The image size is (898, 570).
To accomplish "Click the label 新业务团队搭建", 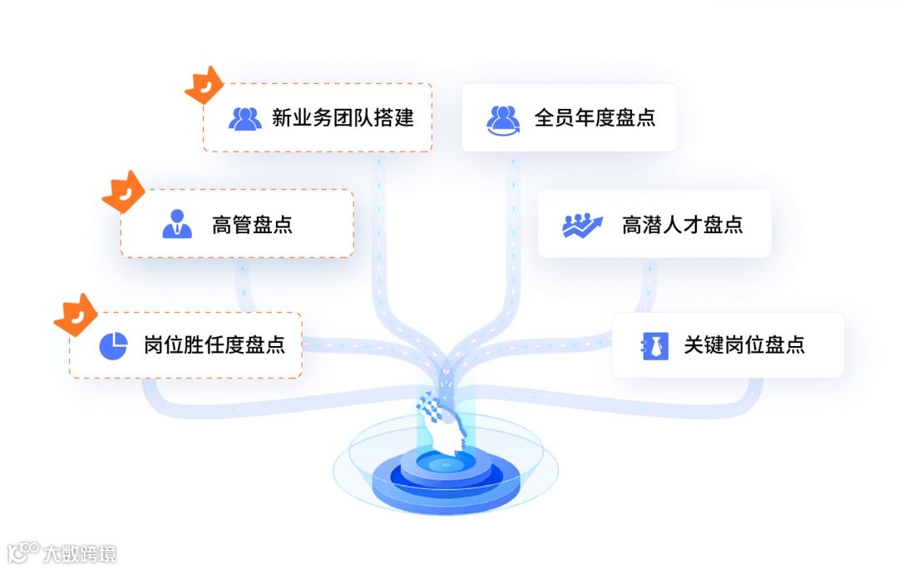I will pyautogui.click(x=343, y=117).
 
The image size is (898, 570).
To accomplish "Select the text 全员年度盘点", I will pyautogui.click(x=595, y=117).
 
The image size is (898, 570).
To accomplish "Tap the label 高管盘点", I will pyautogui.click(x=252, y=224).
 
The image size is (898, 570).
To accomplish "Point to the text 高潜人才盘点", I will pyautogui.click(x=682, y=224).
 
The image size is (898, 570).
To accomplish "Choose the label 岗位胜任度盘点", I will pyautogui.click(x=214, y=344).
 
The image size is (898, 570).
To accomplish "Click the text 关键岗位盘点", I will pyautogui.click(x=744, y=344).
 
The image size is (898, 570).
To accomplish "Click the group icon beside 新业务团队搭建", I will pyautogui.click(x=245, y=118).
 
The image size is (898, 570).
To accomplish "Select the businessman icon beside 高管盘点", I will pyautogui.click(x=176, y=224).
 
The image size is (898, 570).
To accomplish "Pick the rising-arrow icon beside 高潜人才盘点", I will pyautogui.click(x=582, y=225).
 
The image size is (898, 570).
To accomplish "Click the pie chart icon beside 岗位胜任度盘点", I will pyautogui.click(x=113, y=345).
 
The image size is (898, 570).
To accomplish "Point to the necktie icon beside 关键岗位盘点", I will pyautogui.click(x=655, y=345).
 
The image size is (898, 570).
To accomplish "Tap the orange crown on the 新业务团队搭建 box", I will pyautogui.click(x=204, y=85).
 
